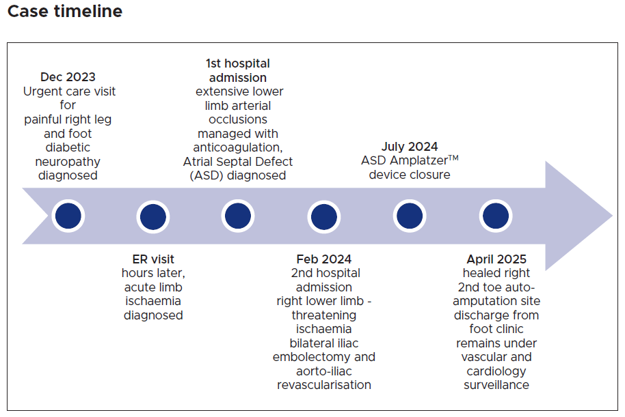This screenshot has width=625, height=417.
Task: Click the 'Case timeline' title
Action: (65, 12)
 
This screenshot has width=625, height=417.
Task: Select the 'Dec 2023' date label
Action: (68, 77)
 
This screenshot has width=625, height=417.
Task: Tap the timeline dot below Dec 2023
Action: (68, 216)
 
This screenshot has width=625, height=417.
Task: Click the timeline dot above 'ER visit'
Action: (153, 217)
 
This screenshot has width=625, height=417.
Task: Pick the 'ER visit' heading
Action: (153, 259)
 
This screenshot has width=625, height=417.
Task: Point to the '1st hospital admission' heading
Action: (237, 70)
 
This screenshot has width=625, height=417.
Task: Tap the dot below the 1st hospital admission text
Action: (237, 216)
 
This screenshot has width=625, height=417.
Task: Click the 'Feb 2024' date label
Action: (324, 259)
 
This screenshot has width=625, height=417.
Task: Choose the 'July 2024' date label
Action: (410, 147)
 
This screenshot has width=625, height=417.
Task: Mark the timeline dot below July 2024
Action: (410, 216)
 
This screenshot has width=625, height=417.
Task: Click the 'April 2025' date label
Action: (496, 259)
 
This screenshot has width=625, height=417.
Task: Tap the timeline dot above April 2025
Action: (496, 216)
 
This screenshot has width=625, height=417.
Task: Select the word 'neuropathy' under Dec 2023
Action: (68, 162)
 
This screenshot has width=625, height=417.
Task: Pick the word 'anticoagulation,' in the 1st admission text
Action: (237, 147)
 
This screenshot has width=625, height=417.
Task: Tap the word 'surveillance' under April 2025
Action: (496, 385)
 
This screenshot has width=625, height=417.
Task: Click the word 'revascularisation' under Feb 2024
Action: (324, 385)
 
